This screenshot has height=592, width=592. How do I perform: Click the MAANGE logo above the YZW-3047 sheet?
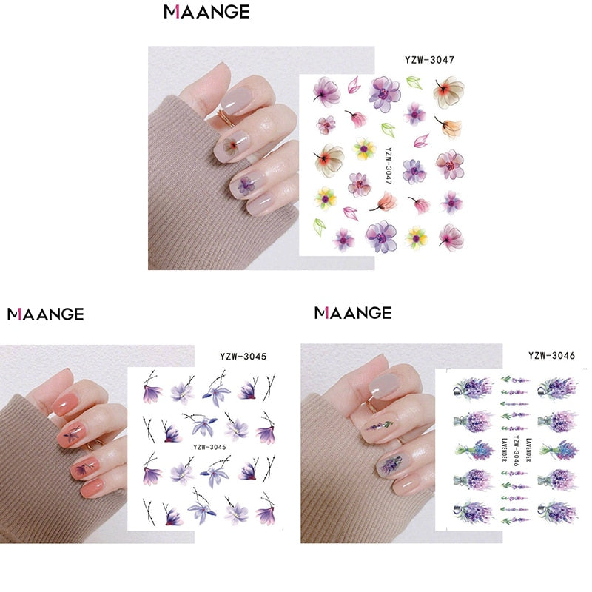coord(206,12)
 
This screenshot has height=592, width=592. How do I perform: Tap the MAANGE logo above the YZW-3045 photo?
coord(46,314)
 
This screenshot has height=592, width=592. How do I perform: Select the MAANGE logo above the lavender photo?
coord(353,313)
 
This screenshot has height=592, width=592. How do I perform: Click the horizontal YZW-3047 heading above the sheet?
coord(429,60)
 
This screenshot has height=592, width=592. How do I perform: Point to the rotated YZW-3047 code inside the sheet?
coord(388,165)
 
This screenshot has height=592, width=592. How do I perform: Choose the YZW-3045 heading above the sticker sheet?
coord(243,357)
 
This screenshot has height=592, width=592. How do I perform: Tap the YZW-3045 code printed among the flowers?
coord(209,447)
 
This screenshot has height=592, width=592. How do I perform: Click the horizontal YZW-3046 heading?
coord(551,355)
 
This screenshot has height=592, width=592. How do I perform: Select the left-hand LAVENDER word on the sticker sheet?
coord(504,450)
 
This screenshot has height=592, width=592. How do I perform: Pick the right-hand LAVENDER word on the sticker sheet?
coord(528,450)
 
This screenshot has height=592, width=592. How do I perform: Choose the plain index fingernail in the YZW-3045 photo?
coord(66,404)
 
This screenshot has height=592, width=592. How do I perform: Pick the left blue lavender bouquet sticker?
coord(474,450)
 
